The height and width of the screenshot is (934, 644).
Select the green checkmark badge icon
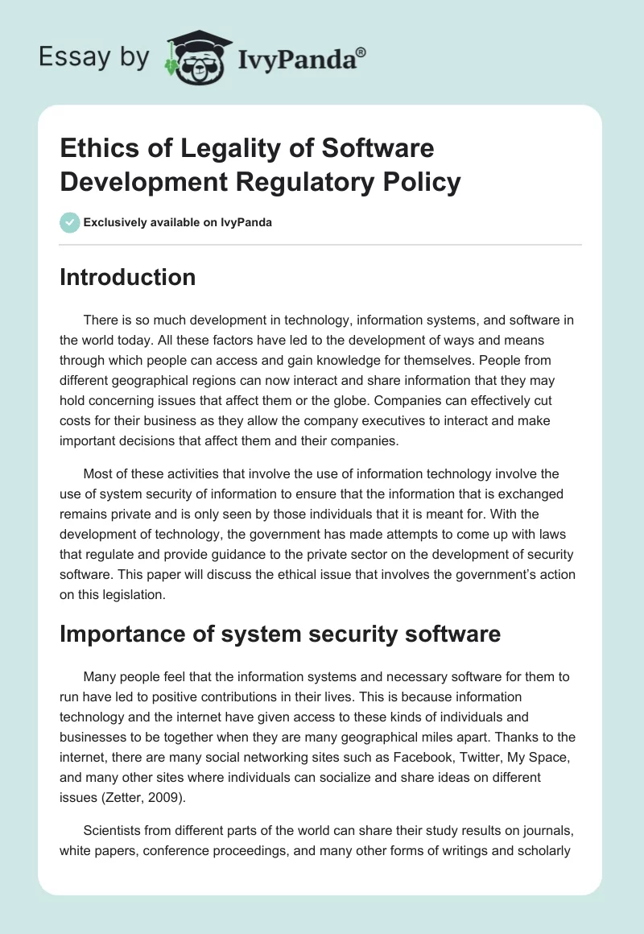(x=70, y=222)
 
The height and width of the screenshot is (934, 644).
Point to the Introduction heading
(x=128, y=277)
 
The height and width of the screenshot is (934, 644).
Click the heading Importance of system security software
(x=280, y=634)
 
